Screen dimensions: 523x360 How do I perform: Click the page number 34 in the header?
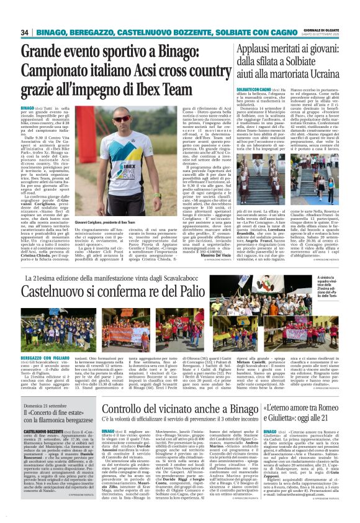[x=25, y=32]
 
